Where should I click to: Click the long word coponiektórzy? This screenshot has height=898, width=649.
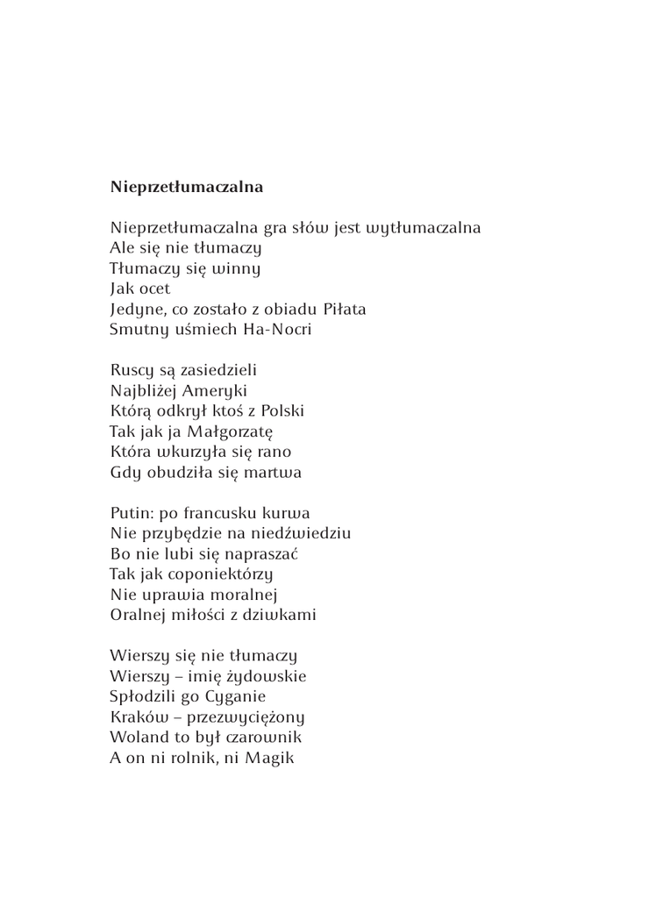point(220,574)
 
